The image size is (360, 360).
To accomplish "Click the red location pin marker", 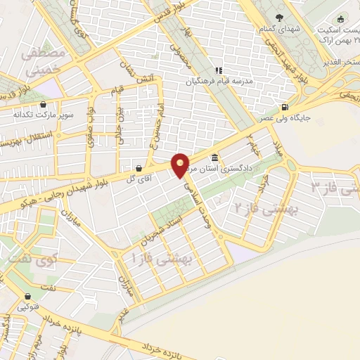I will tap(181, 164).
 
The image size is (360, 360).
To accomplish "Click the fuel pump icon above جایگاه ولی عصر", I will tap(284, 108).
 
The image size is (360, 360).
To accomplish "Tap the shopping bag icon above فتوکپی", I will tap(27, 297).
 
